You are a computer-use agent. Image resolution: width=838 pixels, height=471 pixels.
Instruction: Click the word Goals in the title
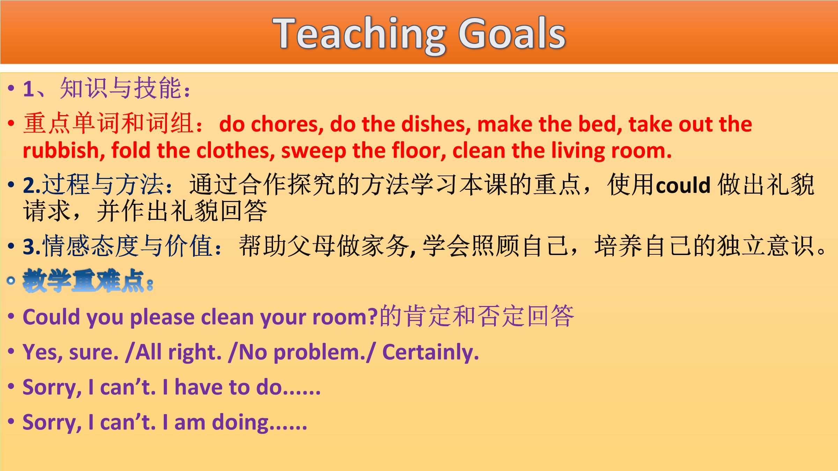click(512, 33)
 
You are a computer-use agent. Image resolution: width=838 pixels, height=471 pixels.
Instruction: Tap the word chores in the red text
click(287, 124)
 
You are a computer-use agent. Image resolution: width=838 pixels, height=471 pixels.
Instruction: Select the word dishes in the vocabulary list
click(436, 124)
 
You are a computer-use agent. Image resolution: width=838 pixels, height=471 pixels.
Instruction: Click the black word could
click(683, 185)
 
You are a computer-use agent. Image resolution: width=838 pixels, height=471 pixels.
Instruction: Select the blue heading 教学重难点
click(83, 281)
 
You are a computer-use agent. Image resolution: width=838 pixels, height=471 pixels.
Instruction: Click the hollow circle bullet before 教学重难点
click(11, 281)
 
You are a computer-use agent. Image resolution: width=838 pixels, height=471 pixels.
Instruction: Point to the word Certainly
click(431, 352)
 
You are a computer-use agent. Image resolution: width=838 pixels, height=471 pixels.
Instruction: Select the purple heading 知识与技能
click(121, 88)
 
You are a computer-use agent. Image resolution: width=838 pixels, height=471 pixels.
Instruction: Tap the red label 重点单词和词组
click(108, 124)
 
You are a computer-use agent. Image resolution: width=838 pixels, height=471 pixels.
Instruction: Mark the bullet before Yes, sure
click(11, 351)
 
